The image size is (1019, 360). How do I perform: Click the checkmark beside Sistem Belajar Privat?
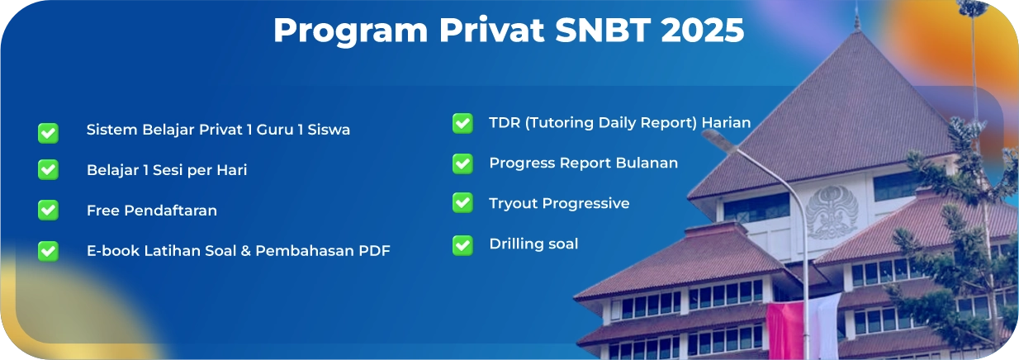tap(48, 133)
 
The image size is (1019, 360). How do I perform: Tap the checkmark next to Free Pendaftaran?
tap(48, 211)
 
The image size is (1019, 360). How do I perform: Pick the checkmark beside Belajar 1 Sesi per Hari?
tap(48, 169)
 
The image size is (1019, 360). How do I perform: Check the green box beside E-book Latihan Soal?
tap(48, 251)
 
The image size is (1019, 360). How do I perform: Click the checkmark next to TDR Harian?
tap(462, 123)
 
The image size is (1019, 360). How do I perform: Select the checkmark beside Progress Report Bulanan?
tap(462, 163)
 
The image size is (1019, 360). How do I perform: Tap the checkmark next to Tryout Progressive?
tap(462, 203)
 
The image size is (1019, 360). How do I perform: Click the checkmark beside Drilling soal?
tap(462, 245)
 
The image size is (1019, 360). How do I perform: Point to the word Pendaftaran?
tap(171, 211)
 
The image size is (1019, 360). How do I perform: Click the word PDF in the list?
tap(374, 251)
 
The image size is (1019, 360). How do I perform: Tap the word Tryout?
tap(514, 204)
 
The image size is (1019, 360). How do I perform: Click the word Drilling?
tap(516, 244)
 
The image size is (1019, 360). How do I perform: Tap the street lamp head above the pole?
tap(718, 140)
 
